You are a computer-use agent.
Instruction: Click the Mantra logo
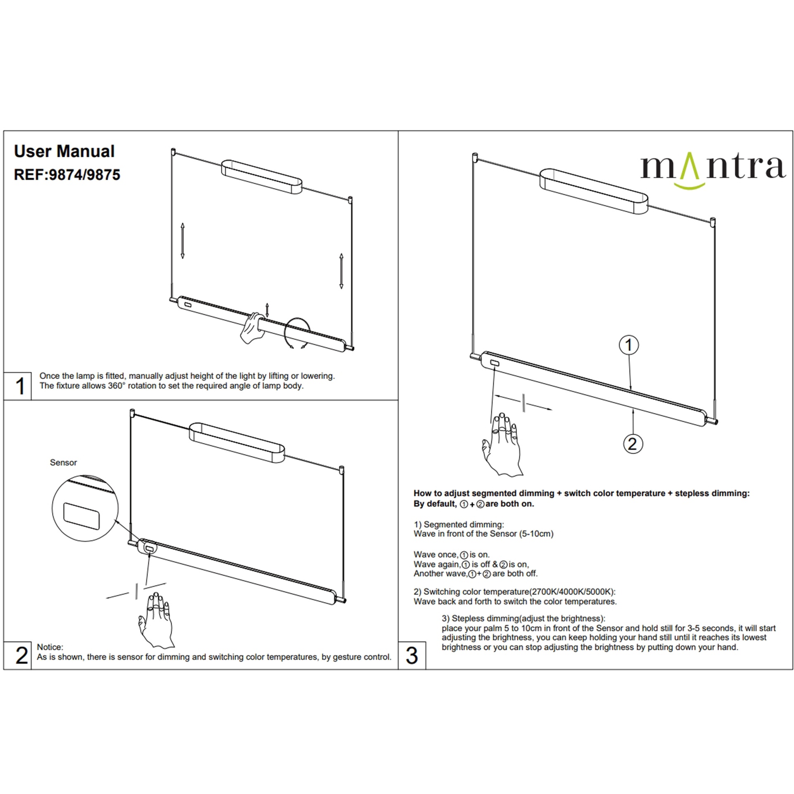point(713,170)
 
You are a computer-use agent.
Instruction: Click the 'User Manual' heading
point(64,151)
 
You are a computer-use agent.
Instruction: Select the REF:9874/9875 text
point(67,175)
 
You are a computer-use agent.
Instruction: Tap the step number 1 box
point(18,386)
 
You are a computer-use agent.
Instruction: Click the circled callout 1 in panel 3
point(629,345)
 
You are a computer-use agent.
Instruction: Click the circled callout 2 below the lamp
point(633,444)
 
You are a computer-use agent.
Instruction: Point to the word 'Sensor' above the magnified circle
point(63,463)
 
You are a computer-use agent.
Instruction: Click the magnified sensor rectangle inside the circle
point(82,516)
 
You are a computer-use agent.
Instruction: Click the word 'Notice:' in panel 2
point(50,647)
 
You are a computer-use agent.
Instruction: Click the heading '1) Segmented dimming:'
point(459,524)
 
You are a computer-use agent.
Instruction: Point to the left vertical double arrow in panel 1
point(182,240)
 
